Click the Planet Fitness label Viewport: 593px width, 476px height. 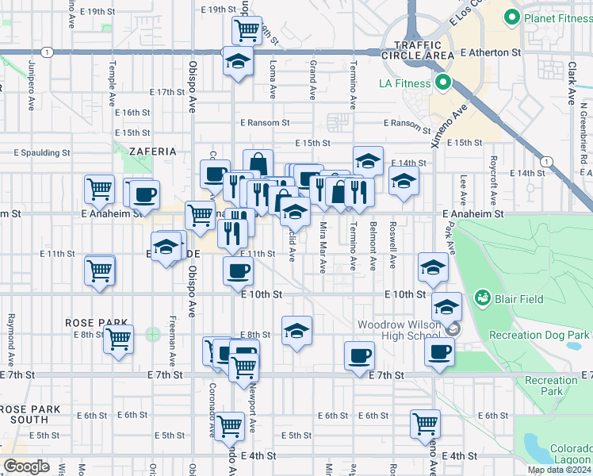554,16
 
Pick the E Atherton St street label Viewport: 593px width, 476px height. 491,52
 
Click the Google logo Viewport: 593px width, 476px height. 26,466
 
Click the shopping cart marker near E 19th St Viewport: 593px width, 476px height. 247,30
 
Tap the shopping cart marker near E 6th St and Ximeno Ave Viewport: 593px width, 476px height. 426,424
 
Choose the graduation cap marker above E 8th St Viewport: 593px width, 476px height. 296,330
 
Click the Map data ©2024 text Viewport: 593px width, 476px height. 557,470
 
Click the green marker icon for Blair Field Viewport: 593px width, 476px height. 481,298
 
